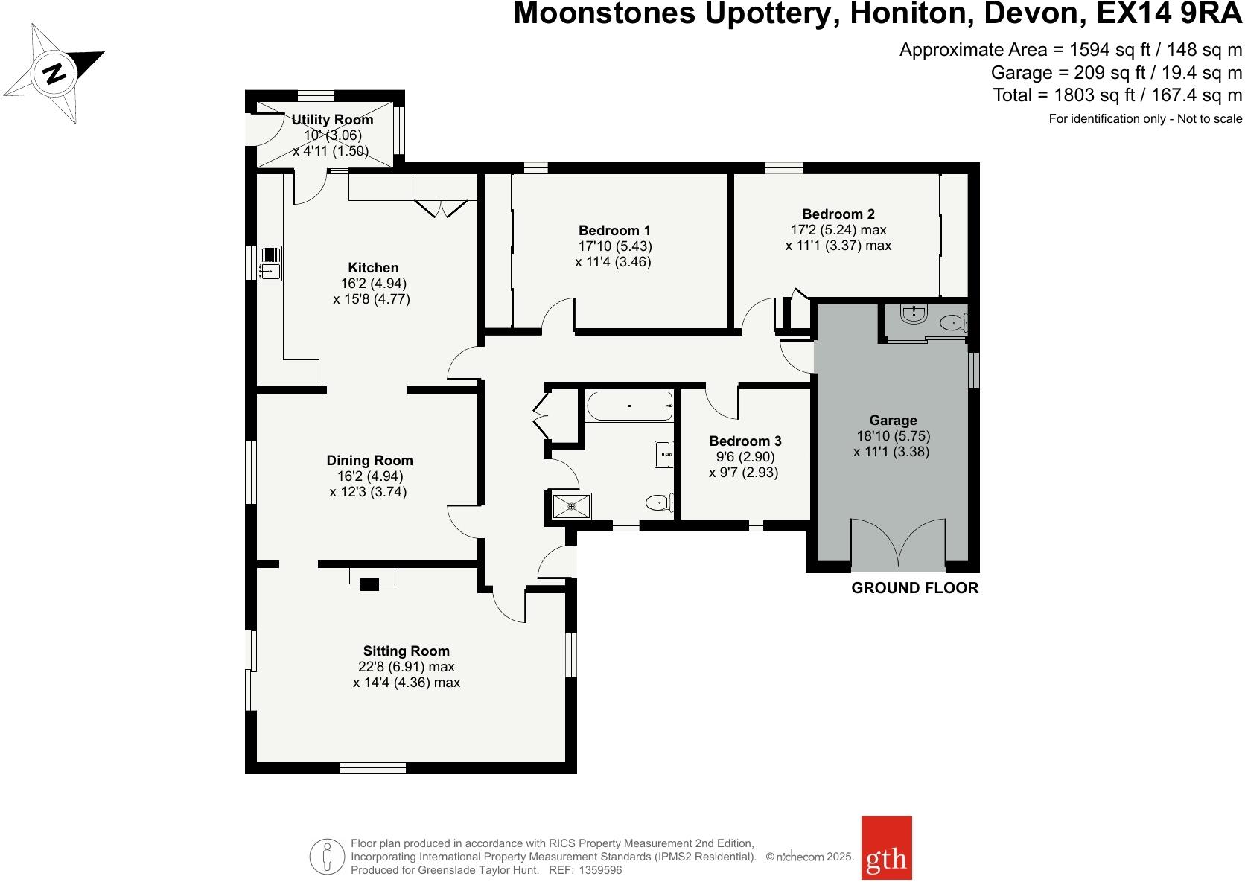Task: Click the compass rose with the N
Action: (x=54, y=74)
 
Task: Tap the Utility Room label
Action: (x=332, y=120)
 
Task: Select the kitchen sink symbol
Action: (x=269, y=263)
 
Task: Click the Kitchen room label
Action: (x=373, y=268)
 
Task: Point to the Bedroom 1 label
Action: (x=614, y=230)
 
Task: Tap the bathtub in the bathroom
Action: (x=629, y=406)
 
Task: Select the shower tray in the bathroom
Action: (x=573, y=505)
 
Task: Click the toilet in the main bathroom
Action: (x=658, y=503)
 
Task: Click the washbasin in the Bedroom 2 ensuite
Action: (x=913, y=315)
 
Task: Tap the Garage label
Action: (x=893, y=421)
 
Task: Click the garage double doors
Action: (x=899, y=544)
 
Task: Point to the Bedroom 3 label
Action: (x=745, y=441)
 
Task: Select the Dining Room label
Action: (x=369, y=461)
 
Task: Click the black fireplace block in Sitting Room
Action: (x=369, y=585)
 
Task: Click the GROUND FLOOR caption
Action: (x=914, y=588)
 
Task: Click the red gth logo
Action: (x=886, y=857)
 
